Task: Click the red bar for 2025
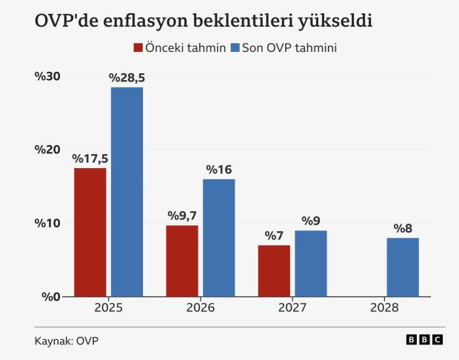(x=90, y=232)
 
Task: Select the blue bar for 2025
(x=127, y=192)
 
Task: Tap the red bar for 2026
(x=181, y=261)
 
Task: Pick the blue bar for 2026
(x=218, y=238)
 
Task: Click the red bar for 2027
(x=274, y=270)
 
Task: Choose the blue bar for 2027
(x=311, y=263)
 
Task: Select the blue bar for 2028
(x=403, y=267)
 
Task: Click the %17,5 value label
(x=90, y=159)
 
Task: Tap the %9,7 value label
(x=182, y=216)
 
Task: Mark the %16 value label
(x=219, y=170)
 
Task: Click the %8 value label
(x=403, y=228)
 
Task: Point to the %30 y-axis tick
(x=47, y=77)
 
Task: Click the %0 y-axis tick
(x=50, y=297)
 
